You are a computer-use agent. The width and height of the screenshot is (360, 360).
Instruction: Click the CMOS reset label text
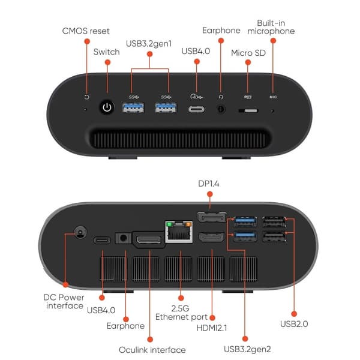pos(86,31)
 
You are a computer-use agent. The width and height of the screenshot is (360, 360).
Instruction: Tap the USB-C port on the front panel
pos(197,109)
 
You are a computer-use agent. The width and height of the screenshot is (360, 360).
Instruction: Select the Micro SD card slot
pos(248,110)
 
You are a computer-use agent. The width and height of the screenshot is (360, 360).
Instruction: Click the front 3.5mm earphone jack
pos(221,109)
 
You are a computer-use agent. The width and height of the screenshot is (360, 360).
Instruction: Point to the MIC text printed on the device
pos(273,97)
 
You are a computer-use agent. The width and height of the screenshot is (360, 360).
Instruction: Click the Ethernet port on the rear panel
pos(179,232)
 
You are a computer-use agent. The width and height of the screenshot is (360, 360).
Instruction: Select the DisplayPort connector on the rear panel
pos(211,217)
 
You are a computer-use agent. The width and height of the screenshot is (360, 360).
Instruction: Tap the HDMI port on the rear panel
pos(211,238)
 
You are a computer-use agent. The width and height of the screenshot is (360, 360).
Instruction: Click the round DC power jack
pos(80,232)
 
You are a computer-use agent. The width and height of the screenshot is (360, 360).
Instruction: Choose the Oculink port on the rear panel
pos(149,240)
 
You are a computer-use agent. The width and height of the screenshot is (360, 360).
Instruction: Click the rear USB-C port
pos(102,241)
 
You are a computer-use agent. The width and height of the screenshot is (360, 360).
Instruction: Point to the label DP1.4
pos(208,184)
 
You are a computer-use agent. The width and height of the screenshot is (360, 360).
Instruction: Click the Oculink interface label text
pos(152,350)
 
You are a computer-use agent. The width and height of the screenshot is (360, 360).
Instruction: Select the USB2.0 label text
pos(294,324)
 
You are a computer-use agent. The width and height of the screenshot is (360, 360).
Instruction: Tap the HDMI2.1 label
pos(212,328)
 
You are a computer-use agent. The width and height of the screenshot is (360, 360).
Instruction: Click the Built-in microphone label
pos(271,27)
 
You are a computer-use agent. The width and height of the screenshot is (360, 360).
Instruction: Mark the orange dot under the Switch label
pos(107,62)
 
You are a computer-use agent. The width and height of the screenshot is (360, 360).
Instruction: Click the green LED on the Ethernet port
pos(169,224)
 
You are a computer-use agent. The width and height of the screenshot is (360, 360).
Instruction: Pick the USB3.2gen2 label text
pos(247,349)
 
